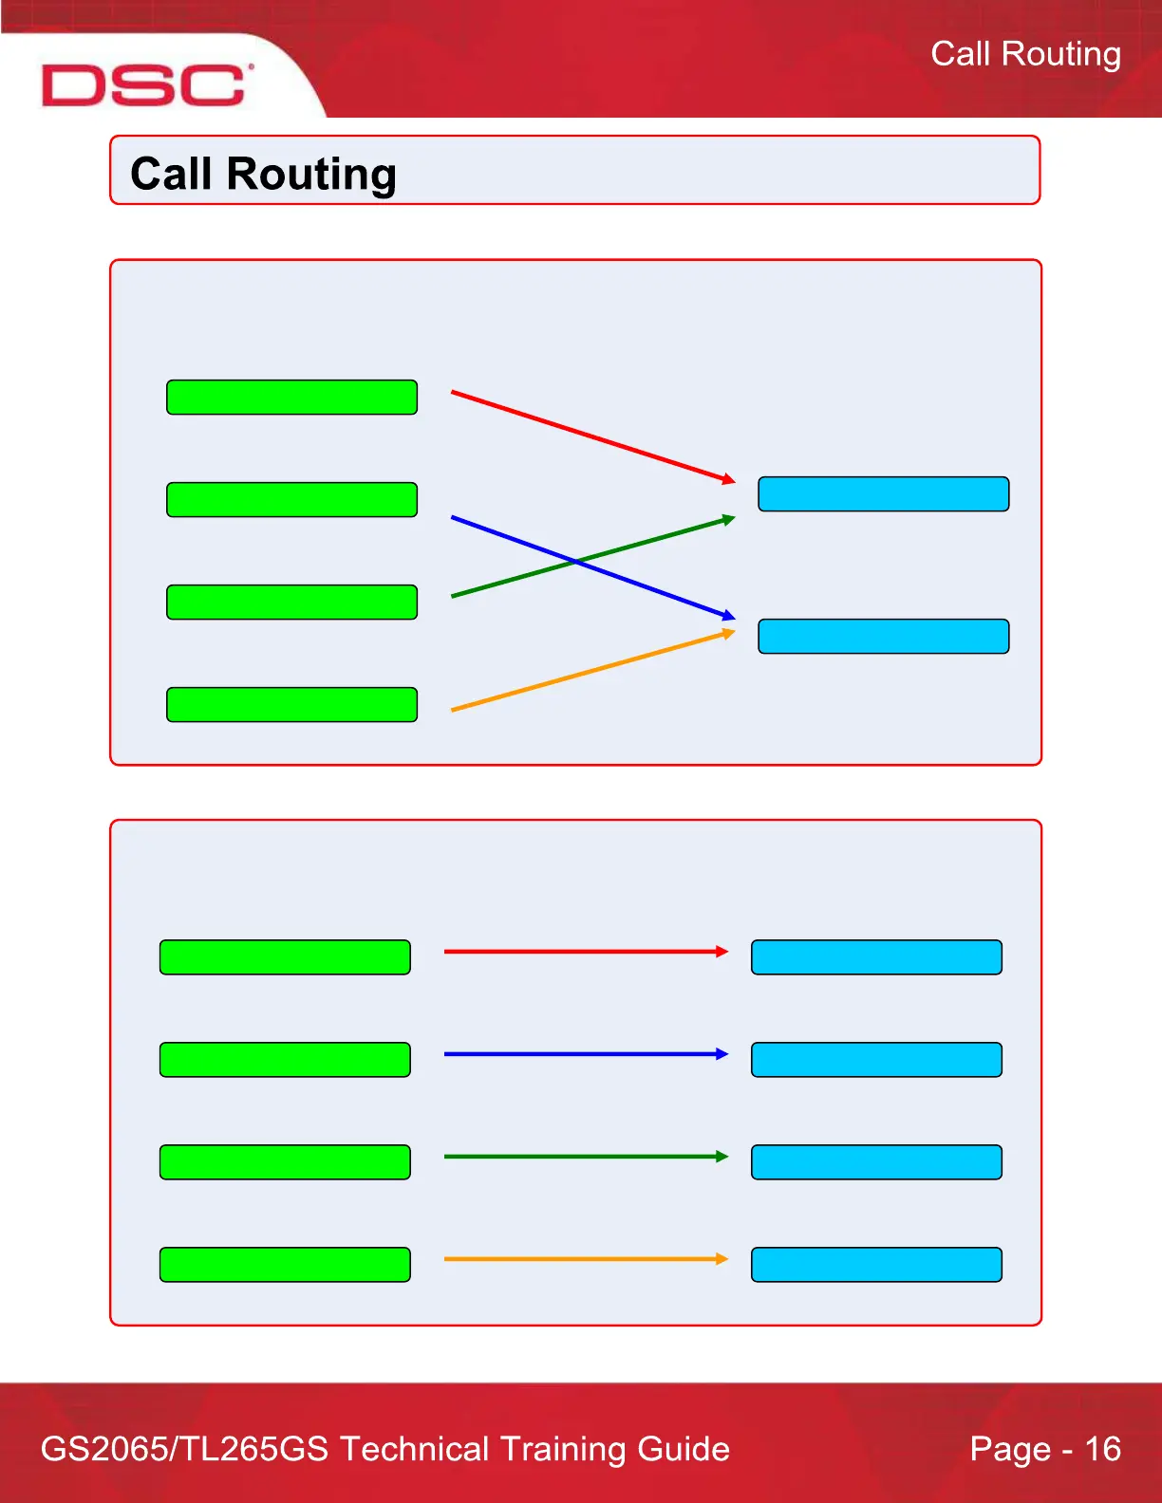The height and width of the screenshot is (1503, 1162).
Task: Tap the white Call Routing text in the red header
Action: pyautogui.click(x=1025, y=54)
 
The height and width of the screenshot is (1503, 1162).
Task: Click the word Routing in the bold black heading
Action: pyautogui.click(x=311, y=175)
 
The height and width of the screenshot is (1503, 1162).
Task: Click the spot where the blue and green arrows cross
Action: pyautogui.click(x=576, y=562)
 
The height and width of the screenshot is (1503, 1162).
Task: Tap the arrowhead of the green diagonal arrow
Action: pyautogui.click(x=729, y=518)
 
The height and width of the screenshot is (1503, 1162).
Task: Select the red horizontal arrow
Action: pyautogui.click(x=584, y=951)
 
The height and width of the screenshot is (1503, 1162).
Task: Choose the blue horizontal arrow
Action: pyautogui.click(x=584, y=1053)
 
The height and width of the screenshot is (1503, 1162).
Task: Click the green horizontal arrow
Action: pyautogui.click(x=584, y=1156)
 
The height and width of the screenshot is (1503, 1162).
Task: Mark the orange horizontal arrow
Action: pyautogui.click(x=584, y=1258)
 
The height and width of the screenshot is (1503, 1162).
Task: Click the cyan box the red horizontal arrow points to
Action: pyautogui.click(x=876, y=957)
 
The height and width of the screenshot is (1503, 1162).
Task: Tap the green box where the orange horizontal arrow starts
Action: pyautogui.click(x=285, y=1265)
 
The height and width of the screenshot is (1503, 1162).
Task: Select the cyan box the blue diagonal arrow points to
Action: pyautogui.click(x=883, y=636)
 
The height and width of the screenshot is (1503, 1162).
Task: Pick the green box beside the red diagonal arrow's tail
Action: pyautogui.click(x=291, y=398)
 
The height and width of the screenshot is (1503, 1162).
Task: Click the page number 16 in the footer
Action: pyautogui.click(x=1102, y=1449)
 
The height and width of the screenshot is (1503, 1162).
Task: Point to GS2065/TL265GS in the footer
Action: pyautogui.click(x=185, y=1449)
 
